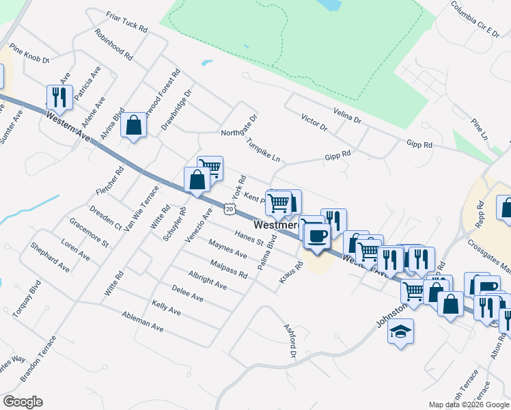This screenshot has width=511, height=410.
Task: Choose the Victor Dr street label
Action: coord(314,123)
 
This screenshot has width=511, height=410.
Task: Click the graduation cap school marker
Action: coord(400,332)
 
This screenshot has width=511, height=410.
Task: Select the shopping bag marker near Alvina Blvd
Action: coord(134,124)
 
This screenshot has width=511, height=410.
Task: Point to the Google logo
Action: coord(23,402)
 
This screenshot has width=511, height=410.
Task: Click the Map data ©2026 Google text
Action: coord(468,405)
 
